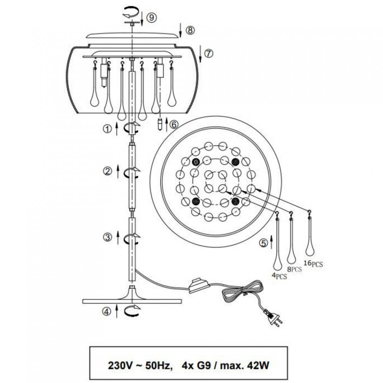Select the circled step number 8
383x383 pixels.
click(190, 30)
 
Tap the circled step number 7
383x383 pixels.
click(208, 53)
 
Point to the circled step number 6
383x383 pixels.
click(174, 124)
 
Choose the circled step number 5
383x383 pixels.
click(264, 243)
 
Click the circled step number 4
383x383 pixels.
click(107, 311)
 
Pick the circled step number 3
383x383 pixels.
click(108, 237)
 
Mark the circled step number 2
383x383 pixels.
click(108, 172)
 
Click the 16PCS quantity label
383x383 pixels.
click(313, 264)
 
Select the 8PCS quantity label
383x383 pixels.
click(294, 269)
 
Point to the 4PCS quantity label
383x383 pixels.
click(280, 276)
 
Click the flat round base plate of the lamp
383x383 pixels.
click(132, 301)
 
